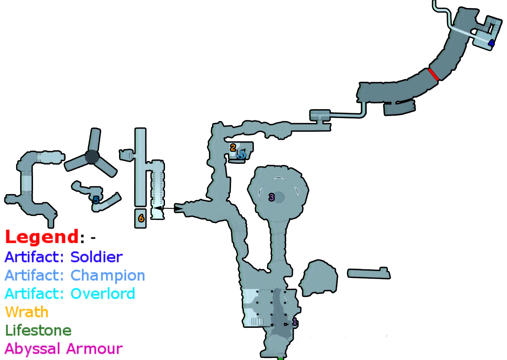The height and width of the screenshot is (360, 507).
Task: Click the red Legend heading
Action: coord(41,237)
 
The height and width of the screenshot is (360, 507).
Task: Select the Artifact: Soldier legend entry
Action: coord(64,257)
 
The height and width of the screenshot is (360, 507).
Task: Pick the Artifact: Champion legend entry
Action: coord(75,275)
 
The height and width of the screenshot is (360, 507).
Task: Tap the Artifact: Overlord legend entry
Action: coord(70,294)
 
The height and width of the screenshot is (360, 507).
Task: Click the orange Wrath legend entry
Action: coord(27,312)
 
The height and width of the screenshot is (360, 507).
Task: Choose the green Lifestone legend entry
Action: coord(38,331)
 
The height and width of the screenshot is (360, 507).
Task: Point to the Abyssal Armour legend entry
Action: coord(64,349)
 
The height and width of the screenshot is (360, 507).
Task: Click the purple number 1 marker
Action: coord(295,322)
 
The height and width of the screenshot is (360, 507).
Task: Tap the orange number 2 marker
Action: coord(233,148)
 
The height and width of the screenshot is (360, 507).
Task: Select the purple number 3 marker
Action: coord(272,197)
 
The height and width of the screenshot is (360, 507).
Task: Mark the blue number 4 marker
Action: coord(491,43)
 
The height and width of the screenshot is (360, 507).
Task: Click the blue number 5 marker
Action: coord(96,200)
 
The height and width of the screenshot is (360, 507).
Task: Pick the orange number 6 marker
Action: coord(141,219)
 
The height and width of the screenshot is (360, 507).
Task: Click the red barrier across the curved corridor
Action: coord(433,74)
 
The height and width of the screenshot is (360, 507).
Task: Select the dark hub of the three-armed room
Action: coord(92,157)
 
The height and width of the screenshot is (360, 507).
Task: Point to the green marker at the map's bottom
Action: coord(280,358)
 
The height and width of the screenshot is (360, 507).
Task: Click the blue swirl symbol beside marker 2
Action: coord(241,154)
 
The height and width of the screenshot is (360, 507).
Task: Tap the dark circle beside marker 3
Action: coord(279,197)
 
